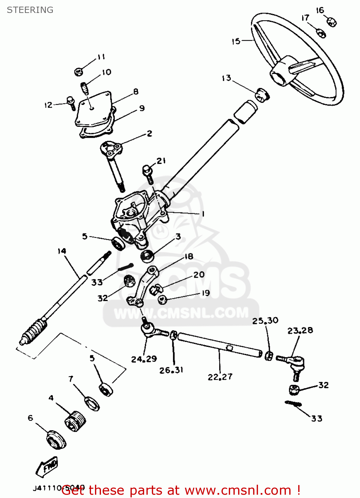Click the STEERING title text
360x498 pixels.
pyautogui.click(x=30, y=10)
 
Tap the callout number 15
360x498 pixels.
pyautogui.click(x=236, y=41)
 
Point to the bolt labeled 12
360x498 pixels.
pyautogui.click(x=71, y=103)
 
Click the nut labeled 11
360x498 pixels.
pyautogui.click(x=78, y=71)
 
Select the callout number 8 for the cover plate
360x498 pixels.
pyautogui.click(x=136, y=92)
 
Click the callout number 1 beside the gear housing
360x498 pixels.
pyautogui.click(x=203, y=214)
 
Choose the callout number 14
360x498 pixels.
pyautogui.click(x=62, y=251)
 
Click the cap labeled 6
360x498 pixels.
pyautogui.click(x=56, y=440)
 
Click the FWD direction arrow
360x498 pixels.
pyautogui.click(x=47, y=466)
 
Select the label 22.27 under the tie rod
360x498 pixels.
pyautogui.click(x=220, y=377)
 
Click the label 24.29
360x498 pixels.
pyautogui.click(x=144, y=359)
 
